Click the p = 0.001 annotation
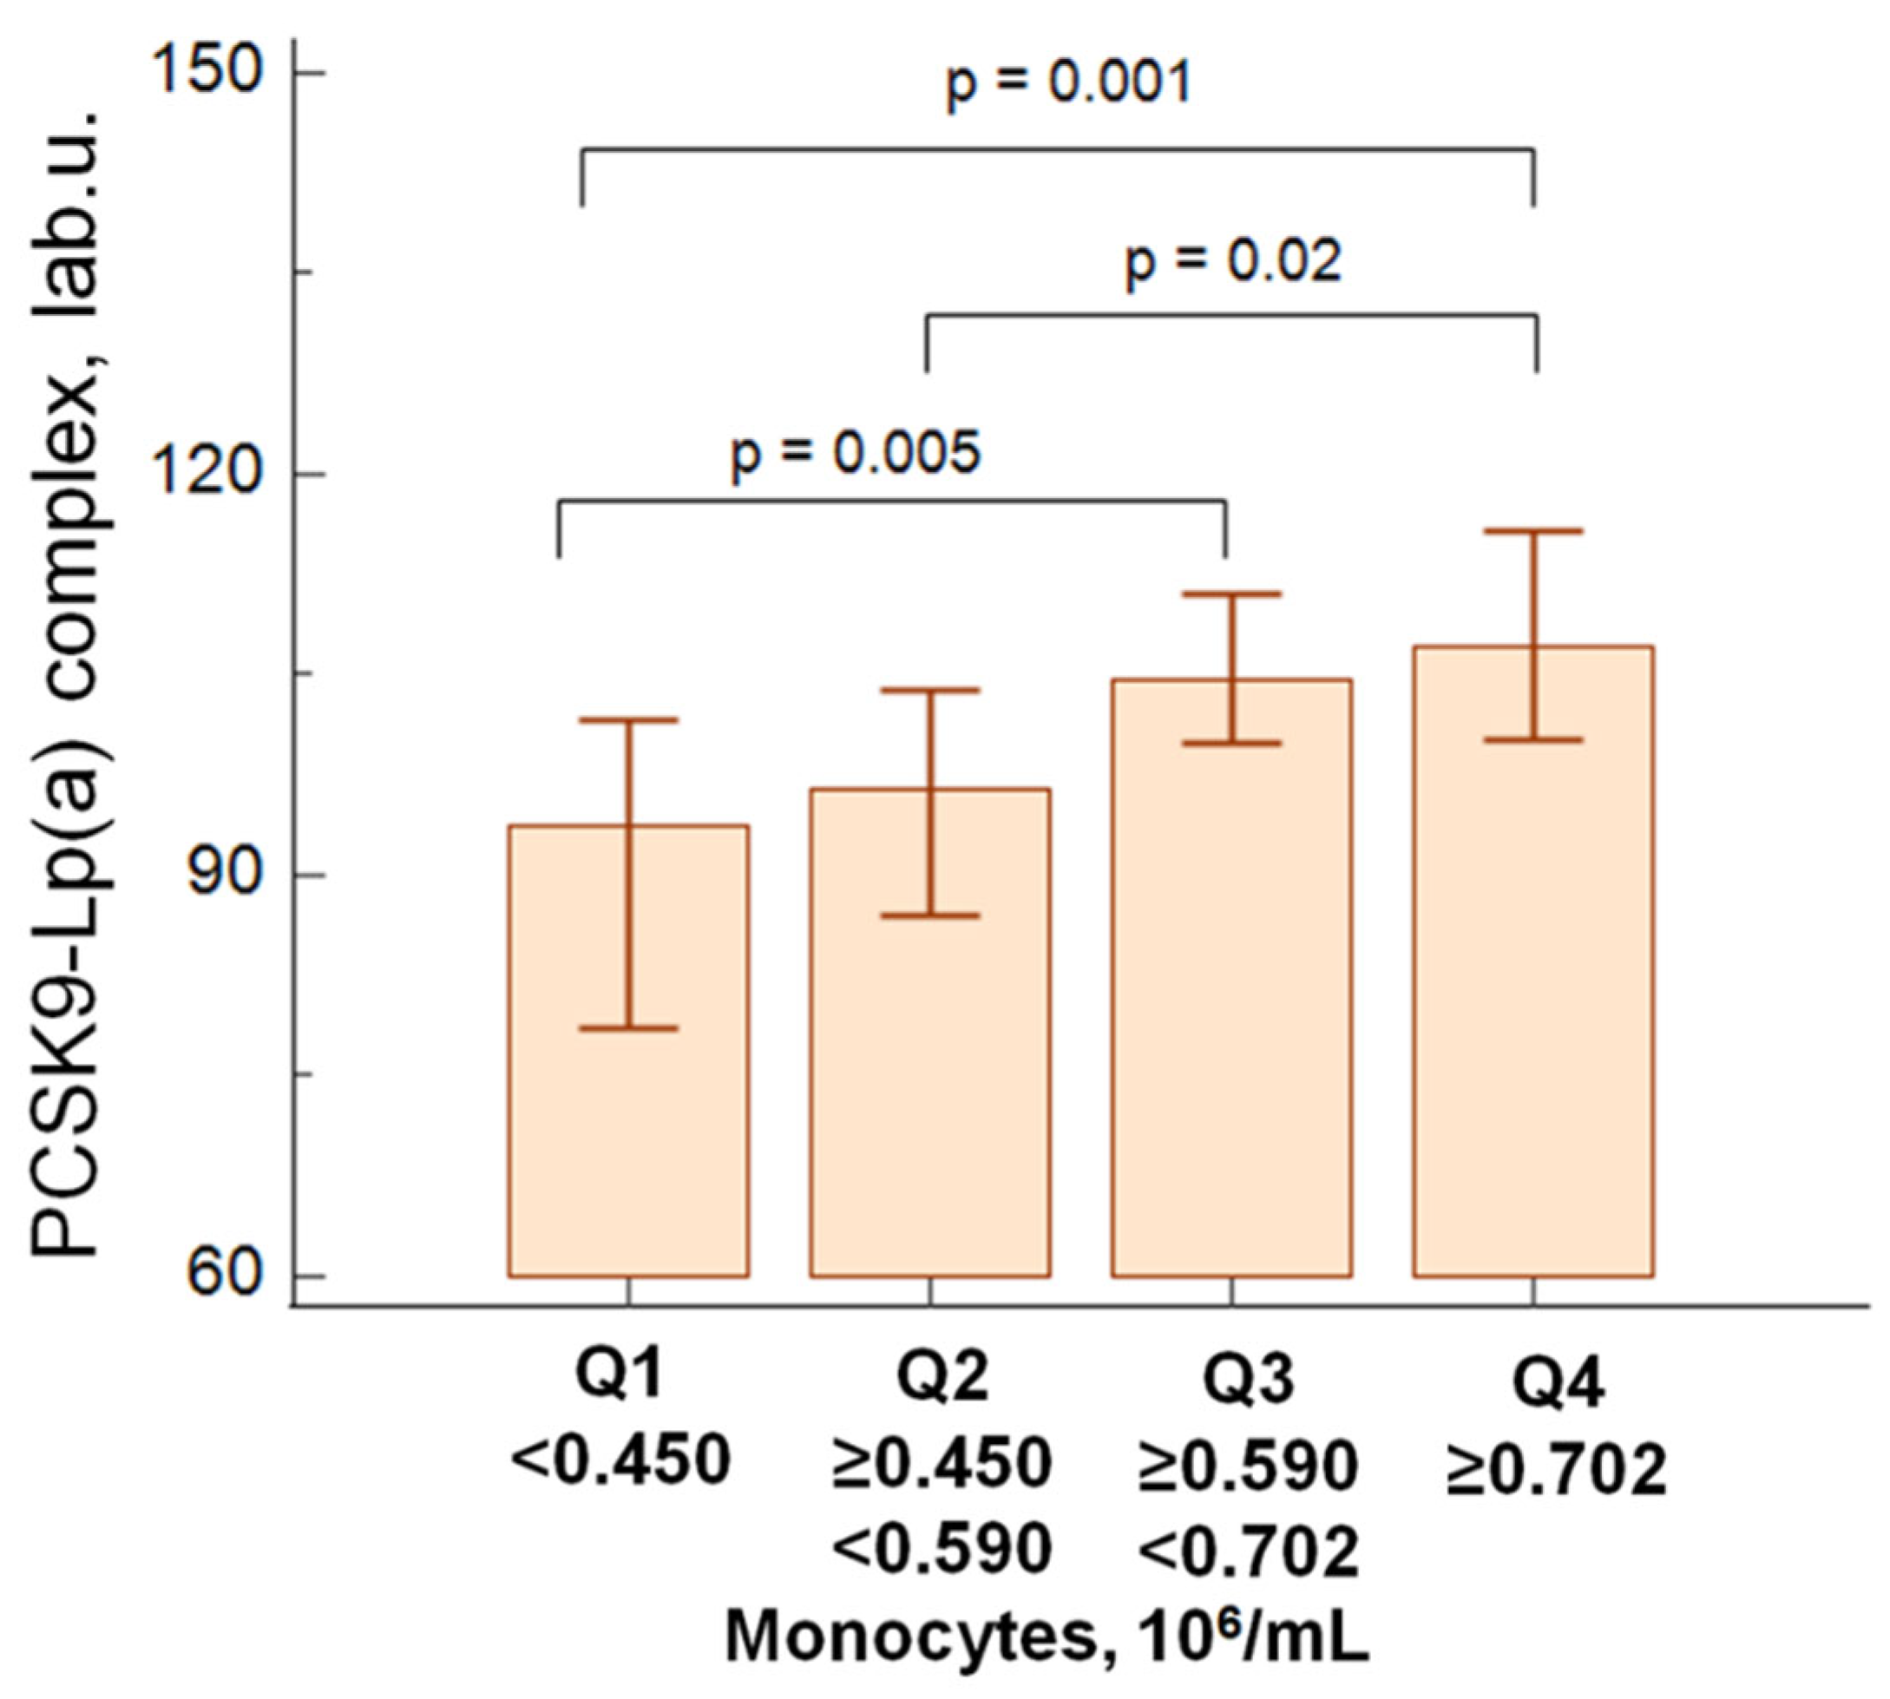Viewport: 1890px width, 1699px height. [1070, 84]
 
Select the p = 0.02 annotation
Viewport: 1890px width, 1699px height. [1233, 261]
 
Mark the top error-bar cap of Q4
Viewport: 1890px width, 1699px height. [1533, 531]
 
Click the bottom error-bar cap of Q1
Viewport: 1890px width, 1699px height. [628, 1027]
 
